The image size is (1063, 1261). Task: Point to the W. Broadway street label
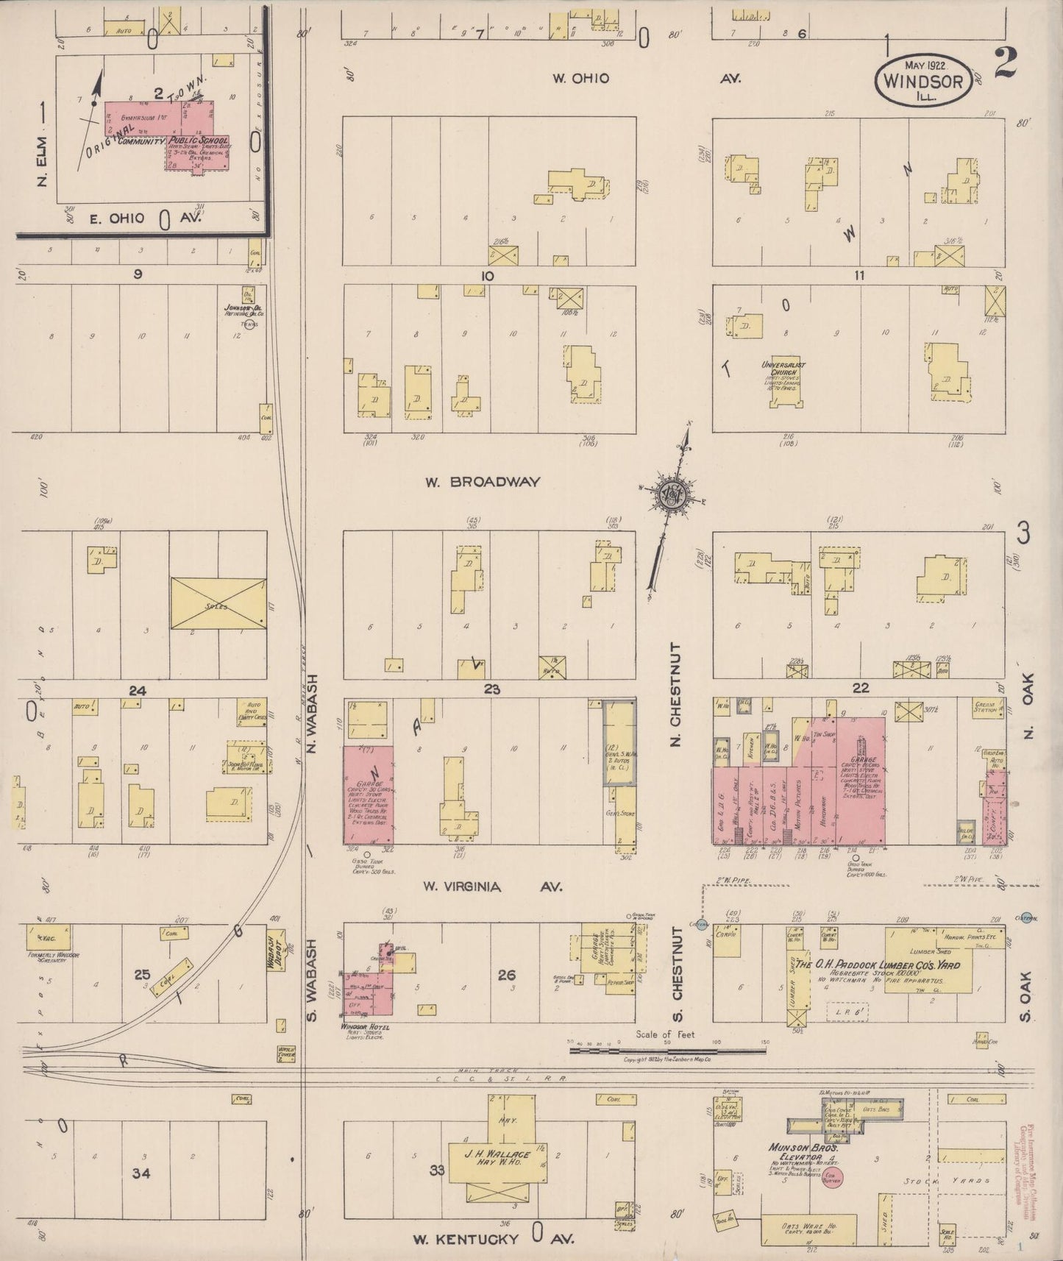tap(483, 482)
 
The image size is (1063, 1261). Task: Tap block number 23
tap(491, 689)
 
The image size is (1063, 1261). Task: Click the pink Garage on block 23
tap(368, 795)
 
